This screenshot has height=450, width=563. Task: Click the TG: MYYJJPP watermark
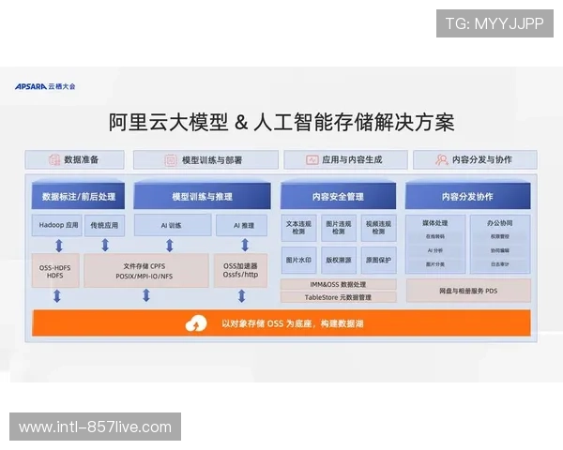(495, 22)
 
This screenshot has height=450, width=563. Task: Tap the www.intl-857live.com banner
(96, 427)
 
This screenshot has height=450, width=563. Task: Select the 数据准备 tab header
(74, 160)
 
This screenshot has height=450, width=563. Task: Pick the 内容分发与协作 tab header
(474, 160)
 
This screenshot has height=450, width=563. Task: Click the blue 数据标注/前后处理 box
(79, 197)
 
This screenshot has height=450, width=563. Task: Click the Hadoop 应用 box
(57, 226)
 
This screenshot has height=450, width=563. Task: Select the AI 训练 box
(171, 226)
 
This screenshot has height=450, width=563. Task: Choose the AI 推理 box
(241, 226)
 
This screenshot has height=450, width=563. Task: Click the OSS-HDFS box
(56, 270)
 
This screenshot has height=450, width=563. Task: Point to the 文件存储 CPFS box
(147, 270)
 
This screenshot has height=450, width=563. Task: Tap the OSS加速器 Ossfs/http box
(240, 270)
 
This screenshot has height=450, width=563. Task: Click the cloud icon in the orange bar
(196, 323)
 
